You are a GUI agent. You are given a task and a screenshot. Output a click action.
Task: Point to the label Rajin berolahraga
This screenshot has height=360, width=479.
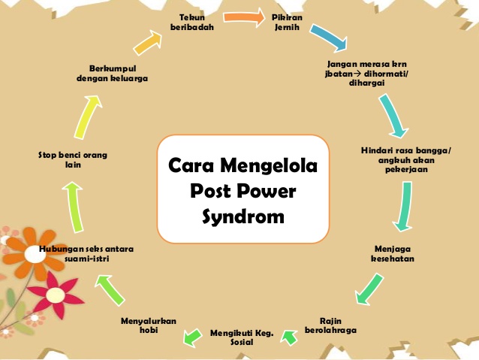click(330, 325)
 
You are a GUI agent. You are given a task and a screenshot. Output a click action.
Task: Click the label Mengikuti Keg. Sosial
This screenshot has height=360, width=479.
click(242, 336)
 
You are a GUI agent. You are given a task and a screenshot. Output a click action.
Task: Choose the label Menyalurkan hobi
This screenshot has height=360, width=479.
click(148, 325)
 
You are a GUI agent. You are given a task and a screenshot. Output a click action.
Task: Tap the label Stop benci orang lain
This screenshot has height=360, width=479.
click(72, 159)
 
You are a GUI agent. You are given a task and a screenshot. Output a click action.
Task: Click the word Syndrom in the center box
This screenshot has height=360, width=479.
click(243, 218)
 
